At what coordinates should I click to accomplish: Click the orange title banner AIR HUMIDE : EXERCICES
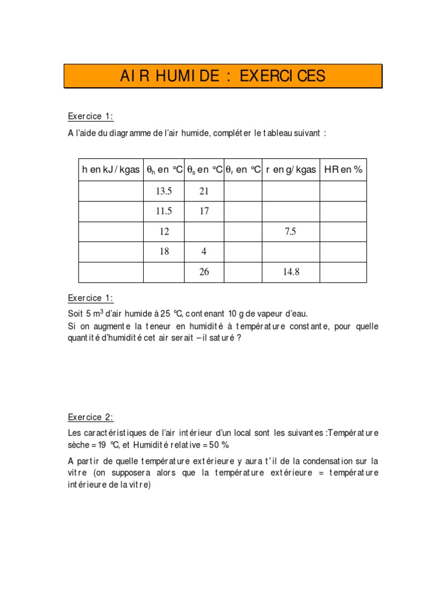coord(223,76)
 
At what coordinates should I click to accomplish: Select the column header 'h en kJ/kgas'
coord(111,169)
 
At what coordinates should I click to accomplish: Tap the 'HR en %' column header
coord(343,169)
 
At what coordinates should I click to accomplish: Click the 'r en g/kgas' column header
coord(290,169)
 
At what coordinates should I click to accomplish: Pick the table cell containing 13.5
coord(164,191)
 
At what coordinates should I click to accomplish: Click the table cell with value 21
coord(204,191)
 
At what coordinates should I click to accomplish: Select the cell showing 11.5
coord(164,211)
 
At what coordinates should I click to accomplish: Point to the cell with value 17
coord(204,211)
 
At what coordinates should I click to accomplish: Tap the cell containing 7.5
coord(290,232)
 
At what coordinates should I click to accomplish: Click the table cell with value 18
coord(164,251)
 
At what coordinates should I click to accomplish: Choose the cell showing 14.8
coord(290,272)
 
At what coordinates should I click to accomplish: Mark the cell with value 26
coord(204,272)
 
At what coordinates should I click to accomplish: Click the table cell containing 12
coord(164,232)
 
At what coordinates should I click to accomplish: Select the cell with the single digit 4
coord(204,251)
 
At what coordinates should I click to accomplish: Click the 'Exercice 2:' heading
coord(91,417)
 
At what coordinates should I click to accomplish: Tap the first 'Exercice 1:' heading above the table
coord(91,116)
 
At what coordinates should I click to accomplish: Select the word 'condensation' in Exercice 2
coord(314,461)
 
